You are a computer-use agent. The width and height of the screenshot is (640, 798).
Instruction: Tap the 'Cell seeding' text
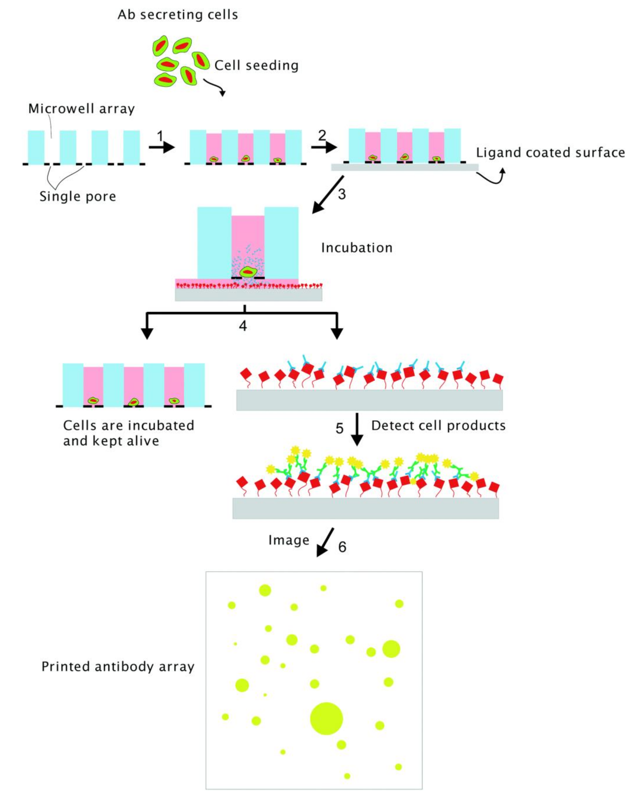point(256,65)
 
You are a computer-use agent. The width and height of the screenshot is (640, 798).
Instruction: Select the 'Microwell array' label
point(81,109)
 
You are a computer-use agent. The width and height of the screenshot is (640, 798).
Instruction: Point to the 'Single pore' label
point(78,196)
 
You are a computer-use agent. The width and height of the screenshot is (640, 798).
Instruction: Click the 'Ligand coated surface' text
point(550,153)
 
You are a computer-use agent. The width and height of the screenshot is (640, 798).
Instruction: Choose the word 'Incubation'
point(357,248)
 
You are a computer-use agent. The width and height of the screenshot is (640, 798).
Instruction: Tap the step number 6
point(342,547)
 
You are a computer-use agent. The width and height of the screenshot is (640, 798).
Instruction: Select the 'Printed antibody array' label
point(118,667)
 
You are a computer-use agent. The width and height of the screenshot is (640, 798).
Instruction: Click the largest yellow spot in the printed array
point(326,718)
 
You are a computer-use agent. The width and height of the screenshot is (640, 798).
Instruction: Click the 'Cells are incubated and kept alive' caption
point(128,433)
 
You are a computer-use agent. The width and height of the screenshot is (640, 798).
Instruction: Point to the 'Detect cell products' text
point(438,426)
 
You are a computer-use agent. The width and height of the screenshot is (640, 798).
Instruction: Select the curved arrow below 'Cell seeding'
point(215,87)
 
